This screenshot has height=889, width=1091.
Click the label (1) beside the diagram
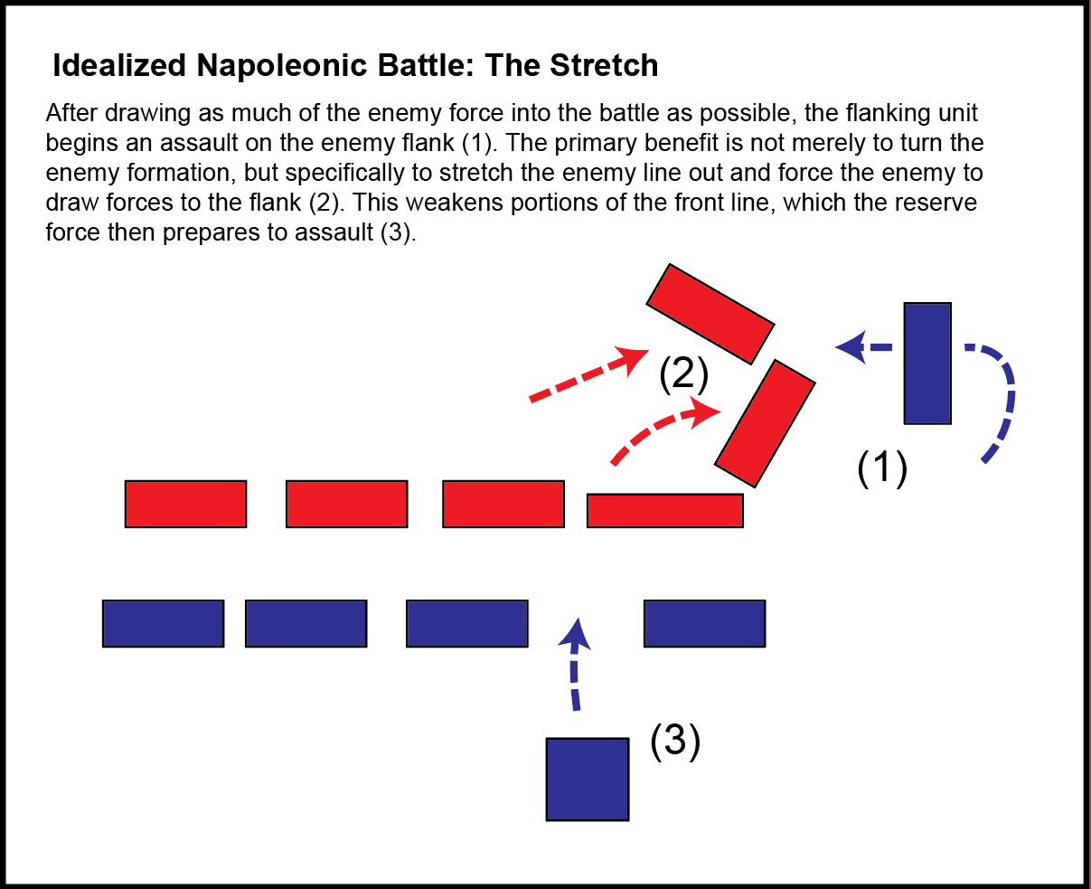click(881, 469)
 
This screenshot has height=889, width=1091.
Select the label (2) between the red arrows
click(683, 374)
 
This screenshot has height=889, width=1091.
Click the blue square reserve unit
click(588, 779)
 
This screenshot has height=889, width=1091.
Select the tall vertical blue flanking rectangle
click(927, 364)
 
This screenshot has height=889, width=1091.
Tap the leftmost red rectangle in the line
click(185, 504)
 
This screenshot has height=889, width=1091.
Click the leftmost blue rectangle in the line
click(163, 623)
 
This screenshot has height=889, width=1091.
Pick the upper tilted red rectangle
click(710, 313)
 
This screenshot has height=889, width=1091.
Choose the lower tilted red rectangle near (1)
click(765, 423)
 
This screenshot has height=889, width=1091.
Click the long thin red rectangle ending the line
click(664, 510)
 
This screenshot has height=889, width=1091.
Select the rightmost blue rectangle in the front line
click(704, 623)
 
